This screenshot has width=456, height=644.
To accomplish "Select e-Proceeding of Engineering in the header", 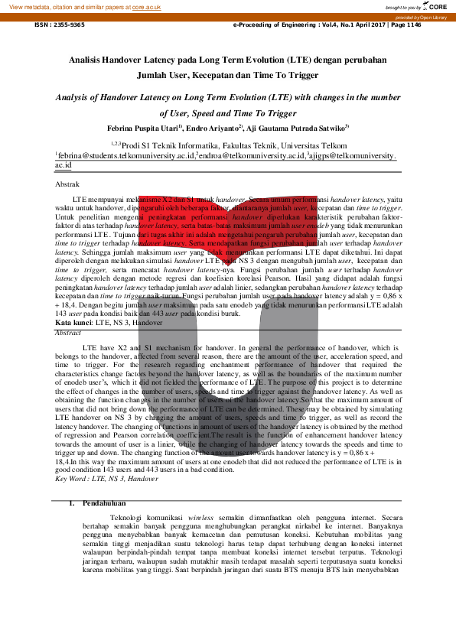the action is (x=273, y=24).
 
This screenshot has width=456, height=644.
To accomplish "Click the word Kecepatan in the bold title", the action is (x=208, y=76).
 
